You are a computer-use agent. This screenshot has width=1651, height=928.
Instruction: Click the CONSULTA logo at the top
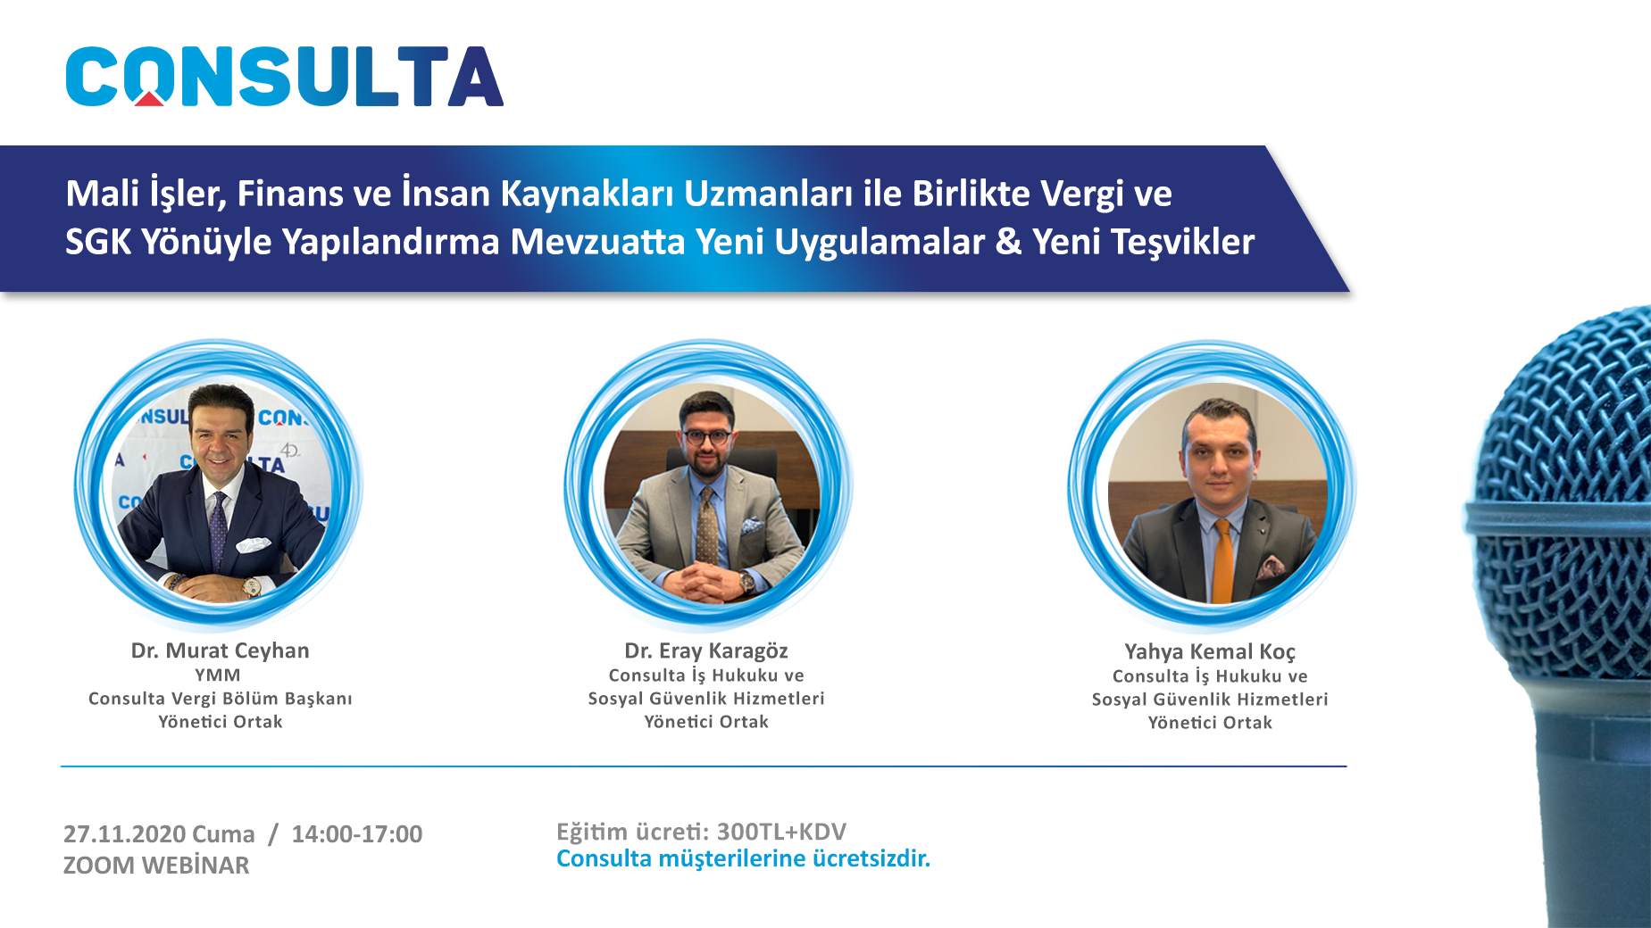click(284, 77)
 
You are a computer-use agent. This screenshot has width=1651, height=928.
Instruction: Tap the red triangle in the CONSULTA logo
click(149, 98)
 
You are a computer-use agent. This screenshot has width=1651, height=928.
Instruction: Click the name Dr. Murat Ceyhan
click(220, 650)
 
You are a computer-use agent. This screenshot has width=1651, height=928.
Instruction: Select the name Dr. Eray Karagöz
click(706, 650)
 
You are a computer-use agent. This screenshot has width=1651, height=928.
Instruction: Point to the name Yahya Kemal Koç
click(1210, 651)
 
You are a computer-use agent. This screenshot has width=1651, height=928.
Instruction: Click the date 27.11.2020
click(124, 834)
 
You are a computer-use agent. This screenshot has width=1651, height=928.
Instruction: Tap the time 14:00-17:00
click(357, 834)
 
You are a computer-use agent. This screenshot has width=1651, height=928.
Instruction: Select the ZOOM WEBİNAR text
click(156, 866)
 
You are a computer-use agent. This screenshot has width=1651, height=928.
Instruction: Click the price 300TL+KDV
click(781, 832)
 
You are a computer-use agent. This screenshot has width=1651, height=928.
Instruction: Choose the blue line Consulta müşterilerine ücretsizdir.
click(743, 858)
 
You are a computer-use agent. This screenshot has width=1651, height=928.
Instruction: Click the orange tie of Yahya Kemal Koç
click(1222, 560)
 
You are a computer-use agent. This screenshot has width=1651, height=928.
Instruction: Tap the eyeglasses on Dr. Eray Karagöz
click(708, 437)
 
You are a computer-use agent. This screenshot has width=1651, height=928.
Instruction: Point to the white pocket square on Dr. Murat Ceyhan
click(253, 543)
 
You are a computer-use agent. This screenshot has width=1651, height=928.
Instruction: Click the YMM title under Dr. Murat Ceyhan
click(218, 675)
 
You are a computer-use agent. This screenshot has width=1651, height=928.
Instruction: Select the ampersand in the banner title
click(1008, 242)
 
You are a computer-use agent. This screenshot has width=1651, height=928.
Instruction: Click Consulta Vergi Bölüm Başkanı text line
click(221, 699)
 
